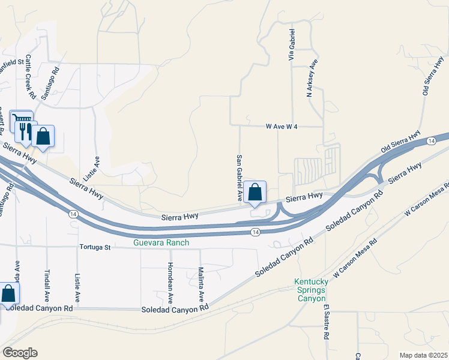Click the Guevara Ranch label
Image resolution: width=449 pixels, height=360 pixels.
click(x=161, y=242)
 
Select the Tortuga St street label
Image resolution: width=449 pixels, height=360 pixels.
click(x=95, y=247)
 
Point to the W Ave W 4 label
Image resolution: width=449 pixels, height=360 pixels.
click(x=282, y=127)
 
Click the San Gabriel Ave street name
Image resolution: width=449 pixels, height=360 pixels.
click(x=239, y=178)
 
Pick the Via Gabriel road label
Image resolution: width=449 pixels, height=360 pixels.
click(x=292, y=44)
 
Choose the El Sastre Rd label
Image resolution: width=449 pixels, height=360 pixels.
click(x=327, y=323)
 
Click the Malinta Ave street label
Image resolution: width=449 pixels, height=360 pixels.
click(x=201, y=284)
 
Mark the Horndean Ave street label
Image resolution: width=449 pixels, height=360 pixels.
click(x=170, y=283)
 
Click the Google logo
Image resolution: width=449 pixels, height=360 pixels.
click(x=20, y=353)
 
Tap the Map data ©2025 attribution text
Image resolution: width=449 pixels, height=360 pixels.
click(x=423, y=355)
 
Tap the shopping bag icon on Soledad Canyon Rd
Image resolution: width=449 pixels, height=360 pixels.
click(x=8, y=294)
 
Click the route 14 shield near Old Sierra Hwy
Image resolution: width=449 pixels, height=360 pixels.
click(x=431, y=140)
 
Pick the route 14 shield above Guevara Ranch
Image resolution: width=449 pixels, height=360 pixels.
click(x=255, y=232)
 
